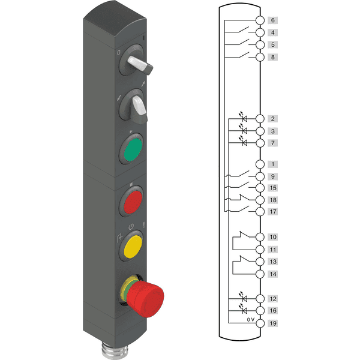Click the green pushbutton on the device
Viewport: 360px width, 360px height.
(133, 149)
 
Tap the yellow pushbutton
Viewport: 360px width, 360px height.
(133, 247)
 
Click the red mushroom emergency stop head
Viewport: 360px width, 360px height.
(145, 299)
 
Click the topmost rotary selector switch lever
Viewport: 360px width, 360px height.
(140, 64)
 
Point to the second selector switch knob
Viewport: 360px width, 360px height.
(140, 106)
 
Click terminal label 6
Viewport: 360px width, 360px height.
(273, 20)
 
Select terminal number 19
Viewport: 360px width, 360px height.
(273, 323)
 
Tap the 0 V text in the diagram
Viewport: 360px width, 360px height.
(251, 319)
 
